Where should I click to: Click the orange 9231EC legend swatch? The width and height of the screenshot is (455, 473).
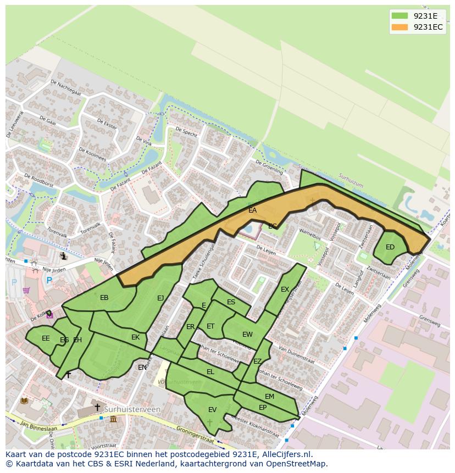[x=400, y=27]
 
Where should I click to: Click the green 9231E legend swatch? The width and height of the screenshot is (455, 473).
[x=400, y=16]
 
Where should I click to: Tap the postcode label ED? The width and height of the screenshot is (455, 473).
[x=390, y=247]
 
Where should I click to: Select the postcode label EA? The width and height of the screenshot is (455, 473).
[x=252, y=210]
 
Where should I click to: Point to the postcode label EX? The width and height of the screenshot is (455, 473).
[x=285, y=290]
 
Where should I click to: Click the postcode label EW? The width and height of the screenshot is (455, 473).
[x=247, y=335]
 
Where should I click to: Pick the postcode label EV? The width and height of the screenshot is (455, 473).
[x=212, y=410]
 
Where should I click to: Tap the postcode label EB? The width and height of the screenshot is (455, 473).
[x=104, y=298]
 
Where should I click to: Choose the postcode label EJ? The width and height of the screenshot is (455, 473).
[x=160, y=298]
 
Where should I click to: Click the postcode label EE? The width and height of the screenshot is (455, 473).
[x=46, y=338]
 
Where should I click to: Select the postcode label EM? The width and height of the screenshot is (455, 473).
[x=269, y=397]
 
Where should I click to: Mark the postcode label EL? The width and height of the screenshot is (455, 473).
[x=210, y=372]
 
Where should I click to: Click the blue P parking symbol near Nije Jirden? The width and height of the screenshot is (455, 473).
[x=49, y=281]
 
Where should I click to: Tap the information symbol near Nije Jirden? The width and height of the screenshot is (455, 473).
[x=64, y=256]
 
